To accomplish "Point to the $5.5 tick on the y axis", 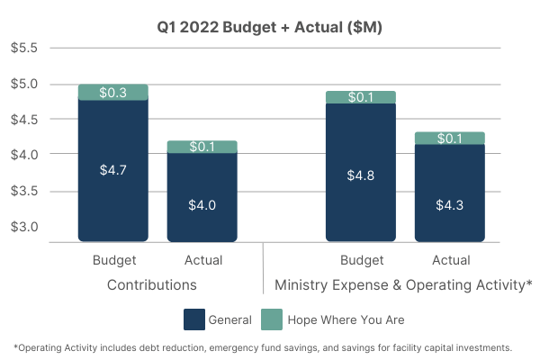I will coord(24,48).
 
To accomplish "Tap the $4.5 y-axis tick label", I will coord(24,119).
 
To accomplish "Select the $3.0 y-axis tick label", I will coord(24,227).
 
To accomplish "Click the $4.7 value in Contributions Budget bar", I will coord(112,169).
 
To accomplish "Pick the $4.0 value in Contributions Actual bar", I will coord(202,204).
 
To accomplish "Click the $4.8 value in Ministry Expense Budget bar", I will coord(360,175).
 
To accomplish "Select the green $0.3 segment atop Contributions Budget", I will coord(112,92).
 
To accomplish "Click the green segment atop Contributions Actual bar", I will coord(202,147).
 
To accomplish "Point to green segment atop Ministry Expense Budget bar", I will coord(360,97).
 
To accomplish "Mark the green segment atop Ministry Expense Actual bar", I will coord(449,138).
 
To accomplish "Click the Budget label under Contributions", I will coord(113,261).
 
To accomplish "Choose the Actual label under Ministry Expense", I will coord(450,261).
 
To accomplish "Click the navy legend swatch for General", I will coord(193,319).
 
